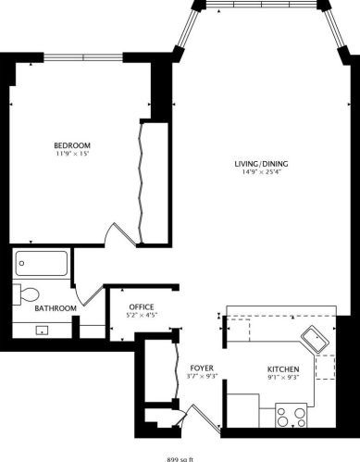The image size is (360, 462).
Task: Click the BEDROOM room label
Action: [71, 145]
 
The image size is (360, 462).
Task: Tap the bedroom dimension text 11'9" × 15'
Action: [71, 155]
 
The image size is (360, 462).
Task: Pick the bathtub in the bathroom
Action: [43, 266]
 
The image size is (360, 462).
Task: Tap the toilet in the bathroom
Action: [22, 294]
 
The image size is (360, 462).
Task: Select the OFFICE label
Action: [141, 307]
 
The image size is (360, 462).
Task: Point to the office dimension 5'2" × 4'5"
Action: [141, 317]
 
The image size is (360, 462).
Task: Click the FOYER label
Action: [202, 368]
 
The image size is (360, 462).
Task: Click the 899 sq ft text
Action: [180, 457]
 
